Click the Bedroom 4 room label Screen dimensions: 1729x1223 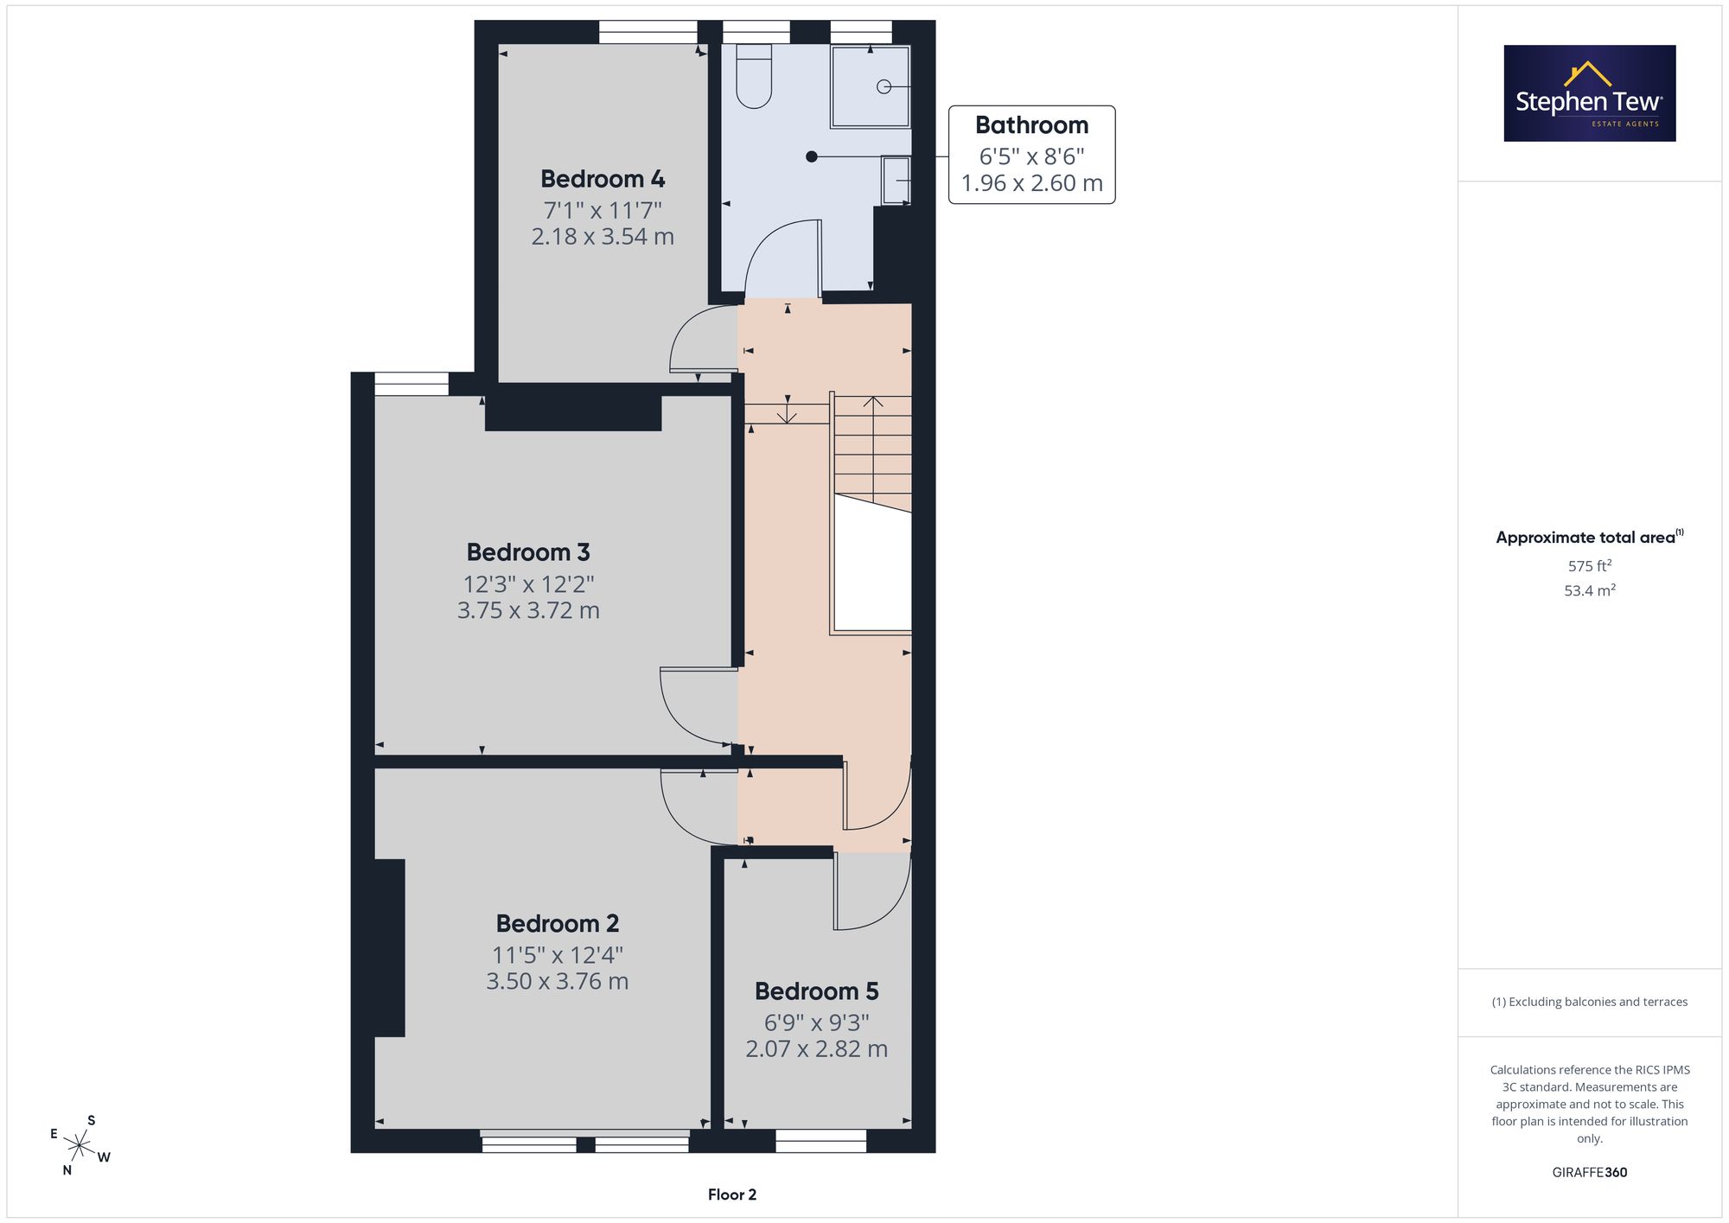click(603, 179)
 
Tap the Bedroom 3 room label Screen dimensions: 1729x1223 click(528, 551)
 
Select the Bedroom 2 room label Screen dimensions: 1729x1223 click(558, 923)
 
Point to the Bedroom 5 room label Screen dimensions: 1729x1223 click(817, 991)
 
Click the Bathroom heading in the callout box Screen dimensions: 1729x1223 click(1031, 125)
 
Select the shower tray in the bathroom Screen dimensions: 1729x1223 click(871, 86)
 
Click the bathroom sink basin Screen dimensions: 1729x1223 click(896, 180)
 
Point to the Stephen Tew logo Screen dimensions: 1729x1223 click(1590, 93)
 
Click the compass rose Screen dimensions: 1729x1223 click(80, 1146)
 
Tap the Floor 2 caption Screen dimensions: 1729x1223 click(732, 1194)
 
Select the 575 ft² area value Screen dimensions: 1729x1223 click(1590, 566)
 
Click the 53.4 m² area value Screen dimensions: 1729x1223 click(1590, 591)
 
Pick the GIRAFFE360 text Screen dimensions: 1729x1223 click(1590, 1172)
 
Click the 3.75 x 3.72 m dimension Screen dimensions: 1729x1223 click(528, 610)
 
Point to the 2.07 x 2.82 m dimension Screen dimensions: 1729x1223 click(817, 1048)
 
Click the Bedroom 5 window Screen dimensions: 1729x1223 click(820, 1141)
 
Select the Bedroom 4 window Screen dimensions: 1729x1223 click(648, 32)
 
